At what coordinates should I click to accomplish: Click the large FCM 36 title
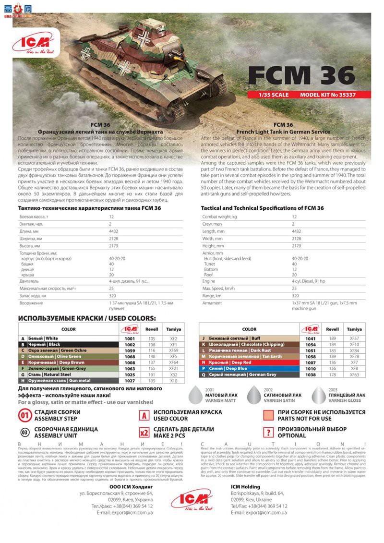pos(301,75)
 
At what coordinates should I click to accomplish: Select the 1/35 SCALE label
pos(273,95)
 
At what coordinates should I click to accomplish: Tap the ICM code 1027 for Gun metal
pos(130,381)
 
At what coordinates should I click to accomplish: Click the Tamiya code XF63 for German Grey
pos(354,374)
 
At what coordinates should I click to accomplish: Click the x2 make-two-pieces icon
pos(144,432)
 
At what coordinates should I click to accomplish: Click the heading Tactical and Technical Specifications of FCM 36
pos(262,208)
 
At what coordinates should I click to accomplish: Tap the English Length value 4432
pos(297,231)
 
